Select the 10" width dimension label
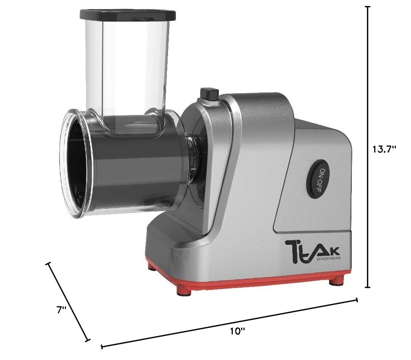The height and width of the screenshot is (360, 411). (x=237, y=331)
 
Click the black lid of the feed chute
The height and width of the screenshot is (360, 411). (x=127, y=15)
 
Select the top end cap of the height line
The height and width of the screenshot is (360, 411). (x=367, y=7)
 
